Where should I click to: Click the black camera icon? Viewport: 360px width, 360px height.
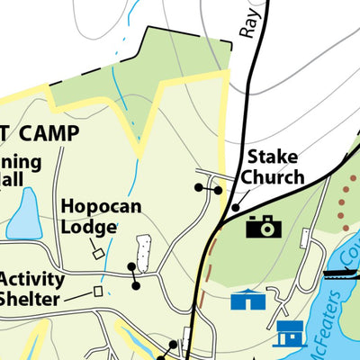click(263, 226)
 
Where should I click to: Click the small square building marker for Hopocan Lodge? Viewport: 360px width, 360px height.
click(98, 254)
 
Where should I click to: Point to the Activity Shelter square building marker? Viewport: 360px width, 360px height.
click(98, 291)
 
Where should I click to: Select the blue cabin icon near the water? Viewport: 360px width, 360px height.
click(290, 334)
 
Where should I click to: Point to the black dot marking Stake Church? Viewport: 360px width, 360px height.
click(236, 208)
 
